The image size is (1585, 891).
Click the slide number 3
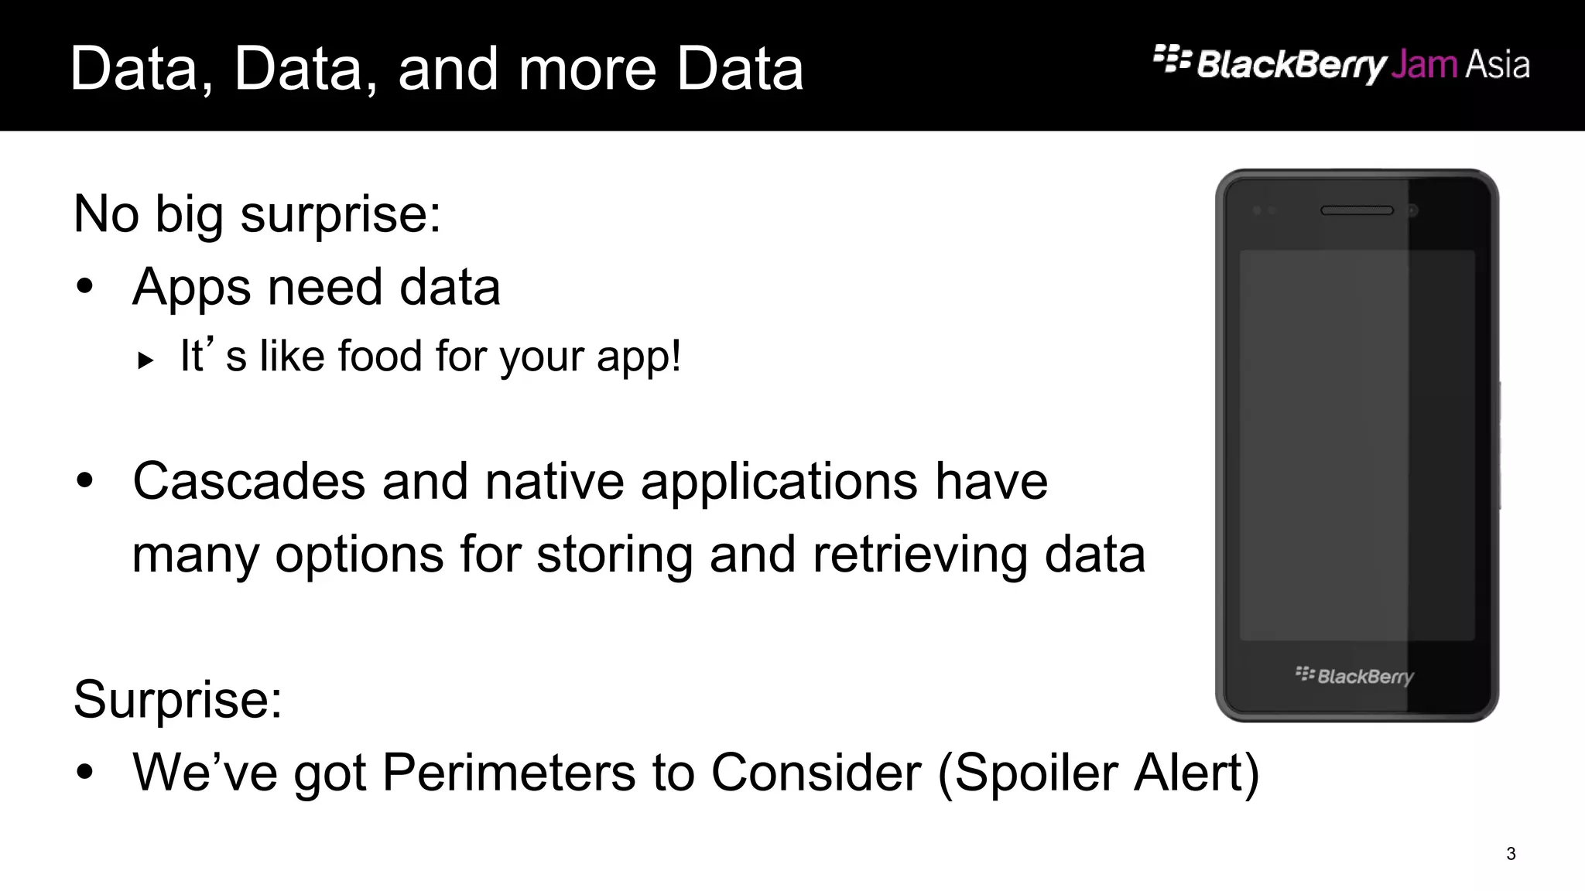coord(1511,854)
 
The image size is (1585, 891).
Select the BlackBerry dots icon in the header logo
coord(1172,59)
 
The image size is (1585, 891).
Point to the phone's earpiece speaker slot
coord(1357,210)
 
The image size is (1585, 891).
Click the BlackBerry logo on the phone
coord(1354,676)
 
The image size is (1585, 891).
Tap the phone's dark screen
coord(1357,445)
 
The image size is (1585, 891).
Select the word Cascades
coord(248,481)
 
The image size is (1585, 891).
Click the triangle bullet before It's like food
coord(145,360)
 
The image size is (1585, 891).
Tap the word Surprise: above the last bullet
coord(178,699)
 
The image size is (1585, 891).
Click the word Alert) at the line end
coord(1196,772)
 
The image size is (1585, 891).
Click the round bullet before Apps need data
coord(85,288)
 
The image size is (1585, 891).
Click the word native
coord(554,481)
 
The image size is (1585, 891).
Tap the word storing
coord(614,555)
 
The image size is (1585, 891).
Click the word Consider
coord(816,772)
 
